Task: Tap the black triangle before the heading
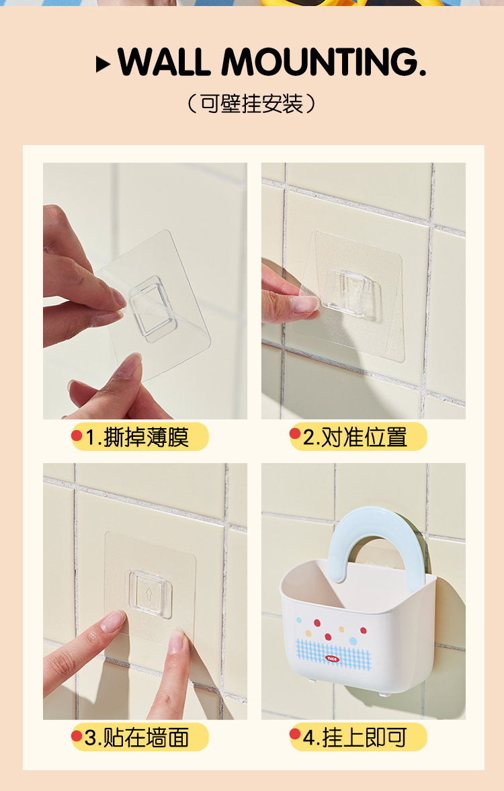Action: click(103, 65)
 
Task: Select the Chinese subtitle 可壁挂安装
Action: click(251, 103)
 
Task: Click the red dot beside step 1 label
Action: click(77, 435)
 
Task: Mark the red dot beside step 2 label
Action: click(295, 434)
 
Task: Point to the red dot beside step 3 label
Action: click(77, 736)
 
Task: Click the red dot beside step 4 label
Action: click(295, 735)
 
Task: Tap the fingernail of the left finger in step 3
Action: click(112, 621)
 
